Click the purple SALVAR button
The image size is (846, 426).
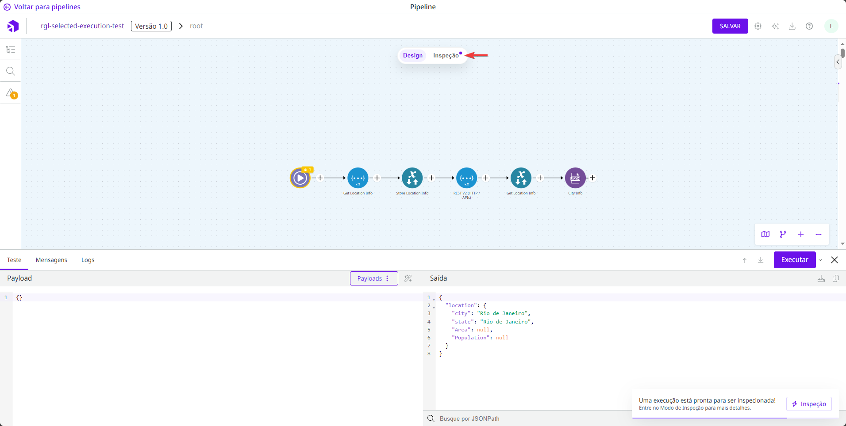(730, 26)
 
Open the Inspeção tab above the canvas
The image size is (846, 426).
(446, 56)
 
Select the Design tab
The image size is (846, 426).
(412, 56)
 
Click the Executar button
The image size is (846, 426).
(794, 260)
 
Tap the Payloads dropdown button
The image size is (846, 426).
(373, 278)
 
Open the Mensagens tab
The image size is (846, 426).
(51, 260)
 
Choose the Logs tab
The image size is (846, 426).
(88, 260)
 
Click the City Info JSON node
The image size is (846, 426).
(575, 178)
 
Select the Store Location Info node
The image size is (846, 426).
(412, 178)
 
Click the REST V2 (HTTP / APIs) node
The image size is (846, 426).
(466, 178)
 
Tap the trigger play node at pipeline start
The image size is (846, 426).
(300, 178)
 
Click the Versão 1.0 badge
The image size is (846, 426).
(151, 26)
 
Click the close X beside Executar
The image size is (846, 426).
(834, 260)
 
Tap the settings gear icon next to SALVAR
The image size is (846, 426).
(758, 26)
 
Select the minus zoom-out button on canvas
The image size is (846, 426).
(819, 234)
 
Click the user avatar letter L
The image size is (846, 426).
(831, 26)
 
